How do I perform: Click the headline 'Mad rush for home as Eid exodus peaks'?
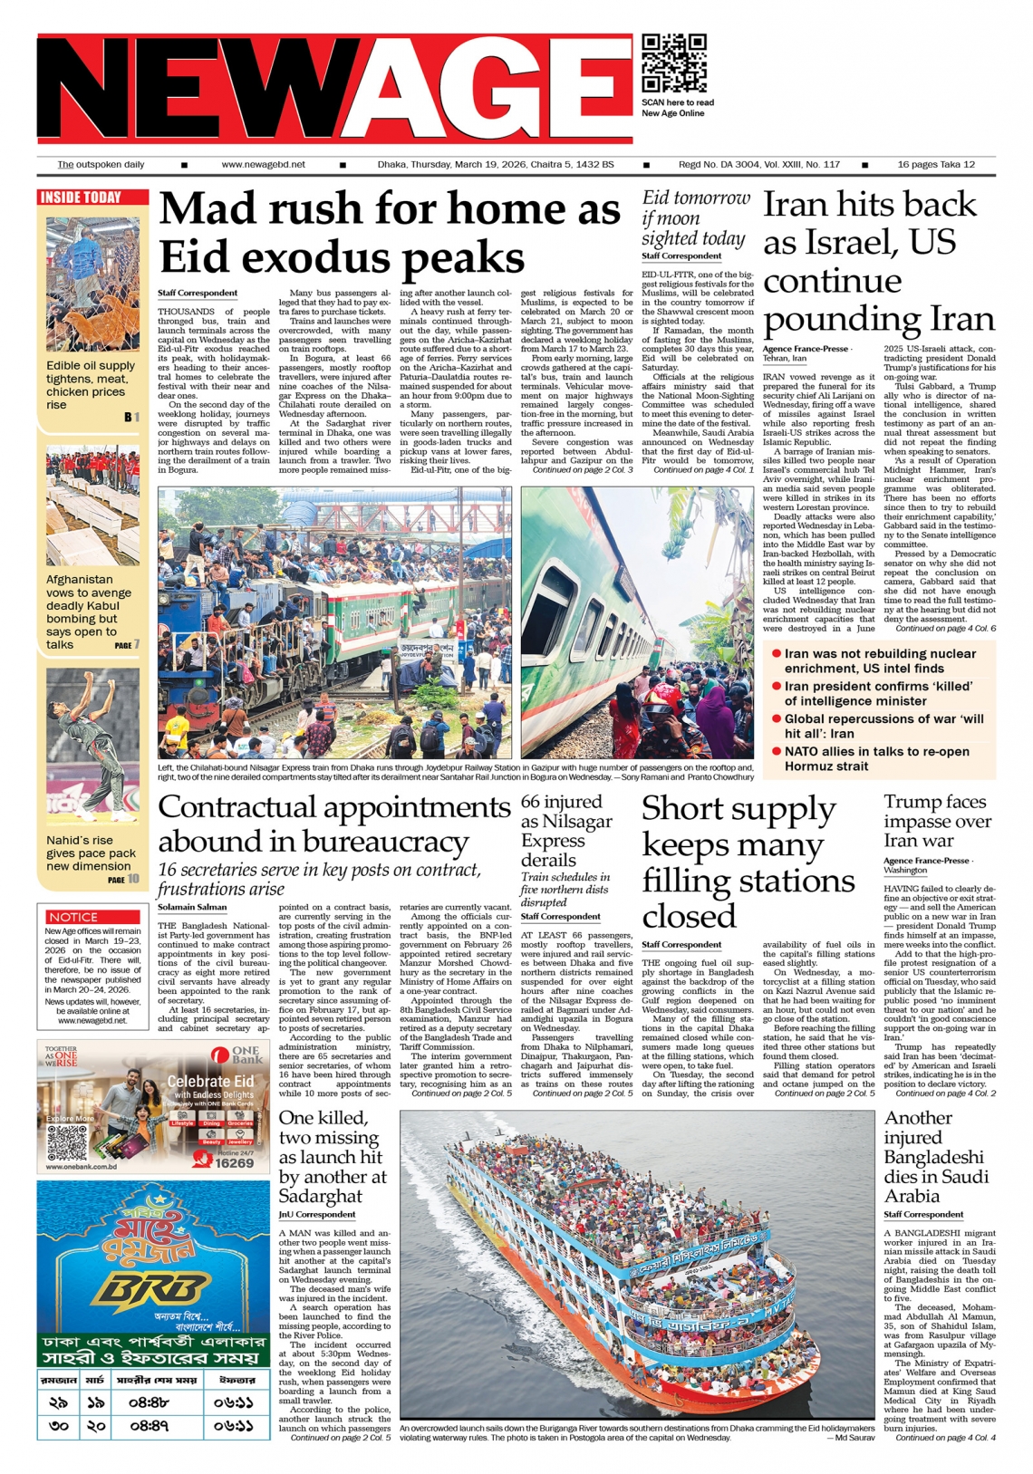pyautogui.click(x=390, y=232)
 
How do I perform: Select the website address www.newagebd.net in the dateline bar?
pyautogui.click(x=263, y=165)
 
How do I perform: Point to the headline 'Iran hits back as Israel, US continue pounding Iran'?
pyautogui.click(x=877, y=262)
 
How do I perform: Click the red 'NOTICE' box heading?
pyautogui.click(x=73, y=917)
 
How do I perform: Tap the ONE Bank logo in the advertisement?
pyautogui.click(x=236, y=1055)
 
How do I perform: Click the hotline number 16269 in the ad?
pyautogui.click(x=235, y=1162)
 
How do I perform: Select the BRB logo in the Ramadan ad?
pyautogui.click(x=154, y=1287)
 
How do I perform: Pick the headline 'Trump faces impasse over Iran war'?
pyautogui.click(x=938, y=821)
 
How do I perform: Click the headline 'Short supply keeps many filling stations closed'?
pyautogui.click(x=748, y=862)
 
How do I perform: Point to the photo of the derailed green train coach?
pyautogui.click(x=637, y=622)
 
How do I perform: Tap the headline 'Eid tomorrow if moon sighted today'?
pyautogui.click(x=696, y=218)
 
